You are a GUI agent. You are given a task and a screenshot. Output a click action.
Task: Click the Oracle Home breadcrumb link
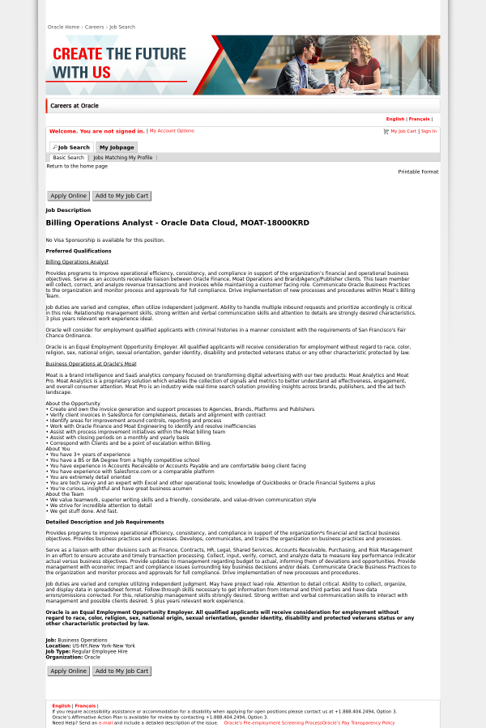click(x=63, y=27)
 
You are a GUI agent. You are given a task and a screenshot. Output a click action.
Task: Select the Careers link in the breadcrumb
click(x=95, y=27)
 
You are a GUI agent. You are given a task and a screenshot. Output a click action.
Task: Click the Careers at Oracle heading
click(x=75, y=106)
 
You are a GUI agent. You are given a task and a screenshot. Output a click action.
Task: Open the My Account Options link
click(x=172, y=130)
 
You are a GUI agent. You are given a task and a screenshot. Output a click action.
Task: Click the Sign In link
click(x=428, y=131)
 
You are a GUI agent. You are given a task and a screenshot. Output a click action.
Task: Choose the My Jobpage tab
click(x=117, y=147)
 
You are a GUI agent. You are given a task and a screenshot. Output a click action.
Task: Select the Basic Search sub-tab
click(x=68, y=158)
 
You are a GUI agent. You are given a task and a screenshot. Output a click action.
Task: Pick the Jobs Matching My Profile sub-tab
click(x=122, y=158)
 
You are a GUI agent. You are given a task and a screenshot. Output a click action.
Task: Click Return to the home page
click(x=77, y=166)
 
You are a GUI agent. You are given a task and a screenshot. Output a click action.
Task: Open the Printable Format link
click(x=418, y=171)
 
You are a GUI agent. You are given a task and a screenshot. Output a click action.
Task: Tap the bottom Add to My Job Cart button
click(x=122, y=671)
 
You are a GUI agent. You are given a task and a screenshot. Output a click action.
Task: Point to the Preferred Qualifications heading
click(x=79, y=251)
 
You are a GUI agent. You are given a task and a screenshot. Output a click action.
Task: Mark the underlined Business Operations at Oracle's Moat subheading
click(x=91, y=364)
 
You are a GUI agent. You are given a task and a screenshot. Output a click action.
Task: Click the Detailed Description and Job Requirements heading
click(x=104, y=522)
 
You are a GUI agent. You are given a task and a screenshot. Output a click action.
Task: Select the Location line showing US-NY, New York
click(x=91, y=645)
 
